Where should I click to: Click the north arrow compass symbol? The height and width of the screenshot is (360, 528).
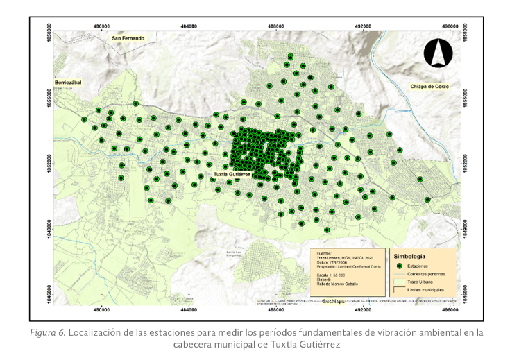[438, 53]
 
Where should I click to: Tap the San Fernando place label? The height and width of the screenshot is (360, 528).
[128, 37]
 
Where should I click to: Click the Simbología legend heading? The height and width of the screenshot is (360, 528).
[413, 255]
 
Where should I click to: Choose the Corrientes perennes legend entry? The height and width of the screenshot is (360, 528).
[432, 274]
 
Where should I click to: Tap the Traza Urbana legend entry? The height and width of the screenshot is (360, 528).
[426, 282]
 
